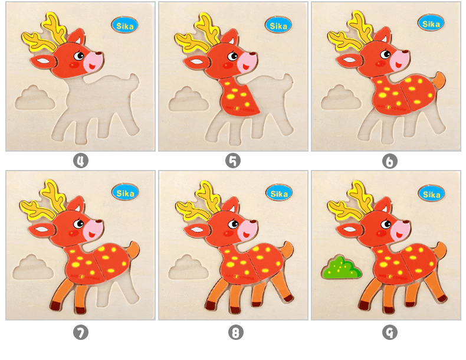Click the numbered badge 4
[x=80, y=161]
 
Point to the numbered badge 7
[x=80, y=333]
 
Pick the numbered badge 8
[x=235, y=333]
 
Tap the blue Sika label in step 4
[x=124, y=25]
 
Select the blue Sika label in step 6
[x=431, y=23]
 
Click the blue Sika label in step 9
[x=431, y=193]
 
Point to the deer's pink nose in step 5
[x=248, y=60]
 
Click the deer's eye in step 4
[x=79, y=56]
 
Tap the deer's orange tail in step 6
[x=439, y=81]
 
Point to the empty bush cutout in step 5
[x=188, y=99]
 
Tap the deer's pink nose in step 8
[x=248, y=228]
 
